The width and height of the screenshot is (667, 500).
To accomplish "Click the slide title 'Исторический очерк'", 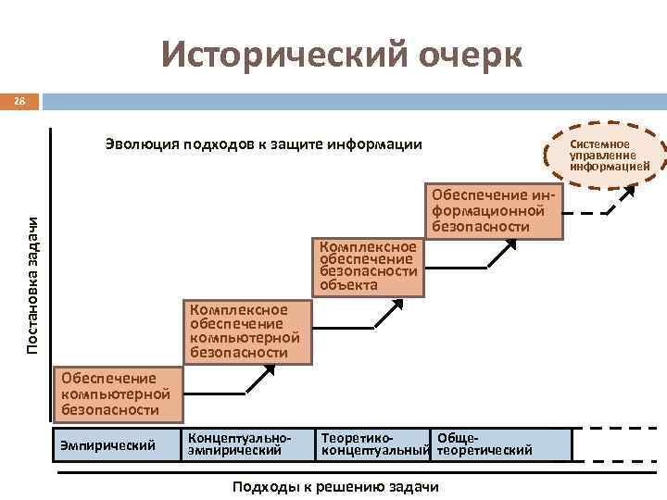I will (342, 55).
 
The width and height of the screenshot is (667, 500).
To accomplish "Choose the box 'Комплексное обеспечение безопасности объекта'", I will (369, 267).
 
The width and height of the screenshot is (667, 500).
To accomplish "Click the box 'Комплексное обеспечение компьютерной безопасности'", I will (245, 331).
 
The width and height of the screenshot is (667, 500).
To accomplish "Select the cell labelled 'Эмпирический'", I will (117, 445).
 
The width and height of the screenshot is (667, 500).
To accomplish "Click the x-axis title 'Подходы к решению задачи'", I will (335, 488).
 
